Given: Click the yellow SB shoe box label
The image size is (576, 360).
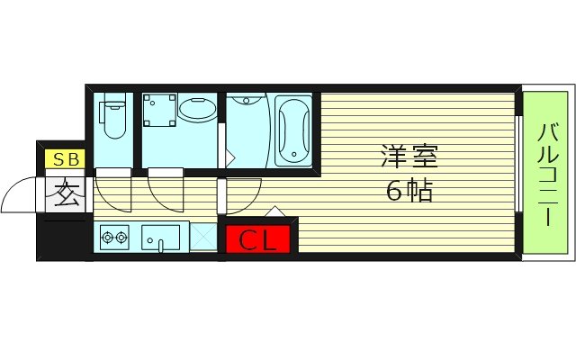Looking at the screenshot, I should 66,160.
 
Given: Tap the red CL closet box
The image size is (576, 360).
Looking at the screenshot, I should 258,240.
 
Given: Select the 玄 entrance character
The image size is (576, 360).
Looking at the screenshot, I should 66,194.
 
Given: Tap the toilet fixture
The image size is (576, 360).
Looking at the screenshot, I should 113,118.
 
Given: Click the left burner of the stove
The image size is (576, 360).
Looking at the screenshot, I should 108,238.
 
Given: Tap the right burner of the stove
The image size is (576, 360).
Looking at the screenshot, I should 122,238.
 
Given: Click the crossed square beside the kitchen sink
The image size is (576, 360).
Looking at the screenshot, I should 204,238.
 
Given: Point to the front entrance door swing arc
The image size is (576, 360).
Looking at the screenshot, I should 20,191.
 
